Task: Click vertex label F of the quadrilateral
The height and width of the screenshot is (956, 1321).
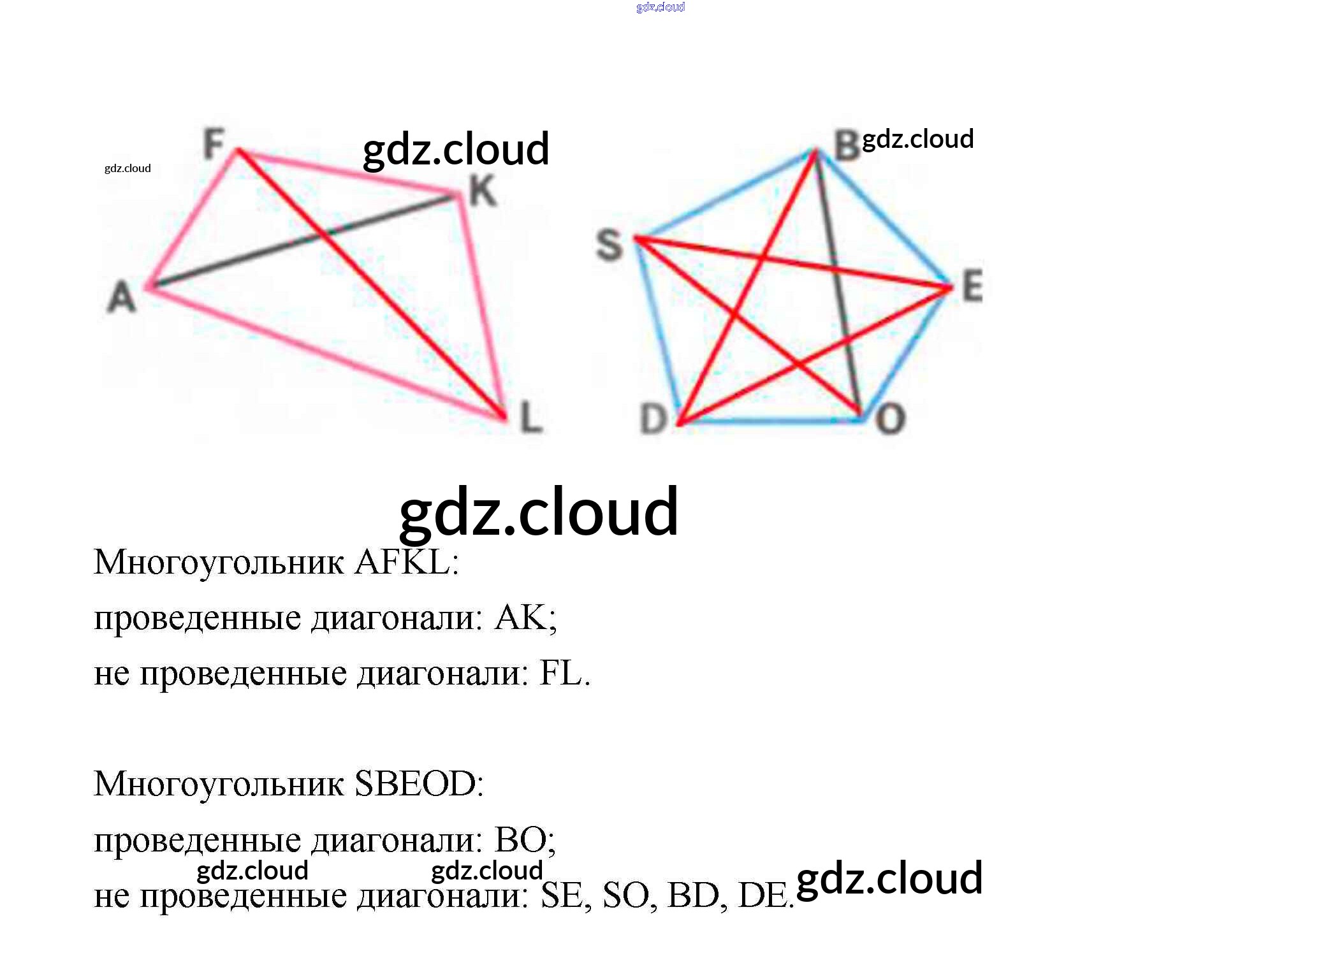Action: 214,144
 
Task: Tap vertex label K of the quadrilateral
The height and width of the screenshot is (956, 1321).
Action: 483,191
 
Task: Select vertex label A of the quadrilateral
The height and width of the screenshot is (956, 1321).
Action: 122,297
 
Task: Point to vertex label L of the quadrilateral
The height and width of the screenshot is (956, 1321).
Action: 531,418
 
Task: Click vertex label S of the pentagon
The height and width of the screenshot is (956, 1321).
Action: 609,246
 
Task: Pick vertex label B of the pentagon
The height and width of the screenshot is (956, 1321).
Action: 847,147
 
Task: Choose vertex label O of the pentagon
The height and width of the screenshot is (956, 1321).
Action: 891,419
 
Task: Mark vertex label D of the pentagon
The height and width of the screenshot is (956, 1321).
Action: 653,419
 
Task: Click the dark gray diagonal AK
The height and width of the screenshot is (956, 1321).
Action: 255,255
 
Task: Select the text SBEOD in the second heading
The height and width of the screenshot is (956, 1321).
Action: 415,784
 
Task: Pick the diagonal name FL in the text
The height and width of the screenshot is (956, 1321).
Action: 561,674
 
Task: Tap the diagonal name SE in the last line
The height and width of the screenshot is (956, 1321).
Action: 562,895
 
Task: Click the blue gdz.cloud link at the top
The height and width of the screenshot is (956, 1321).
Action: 660,7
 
